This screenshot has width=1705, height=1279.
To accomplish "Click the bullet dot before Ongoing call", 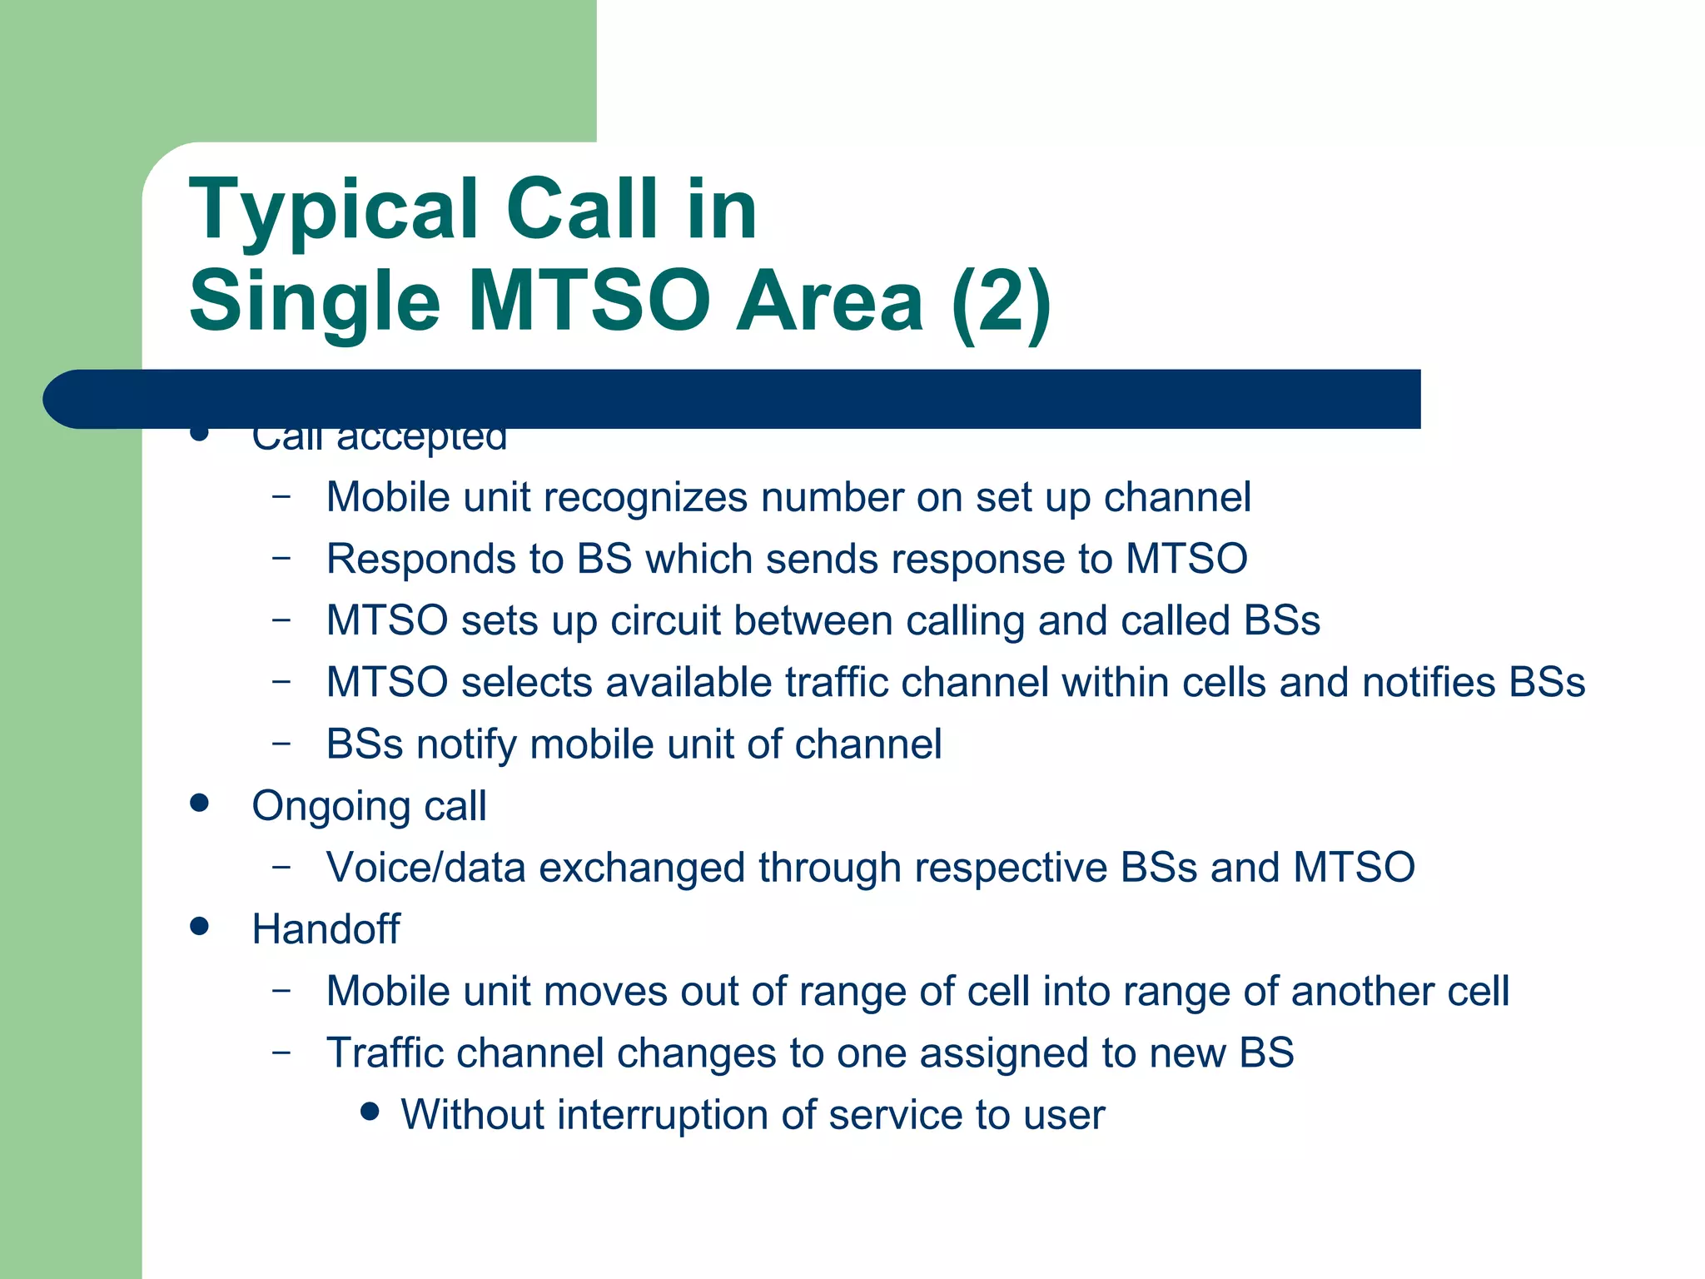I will pyautogui.click(x=199, y=803).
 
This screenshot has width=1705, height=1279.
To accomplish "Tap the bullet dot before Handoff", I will pyautogui.click(x=199, y=926).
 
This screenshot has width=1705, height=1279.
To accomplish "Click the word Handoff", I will pyautogui.click(x=326, y=929).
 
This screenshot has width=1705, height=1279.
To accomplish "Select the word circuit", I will pyautogui.click(x=665, y=621).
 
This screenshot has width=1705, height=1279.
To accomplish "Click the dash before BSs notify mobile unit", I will pyautogui.click(x=281, y=744).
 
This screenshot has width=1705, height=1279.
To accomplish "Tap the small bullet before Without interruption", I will pyautogui.click(x=371, y=1112).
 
